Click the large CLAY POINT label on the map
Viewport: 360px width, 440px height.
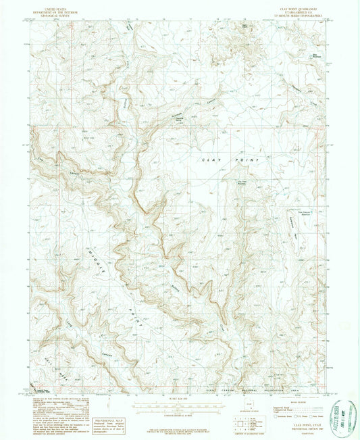[230, 160]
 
